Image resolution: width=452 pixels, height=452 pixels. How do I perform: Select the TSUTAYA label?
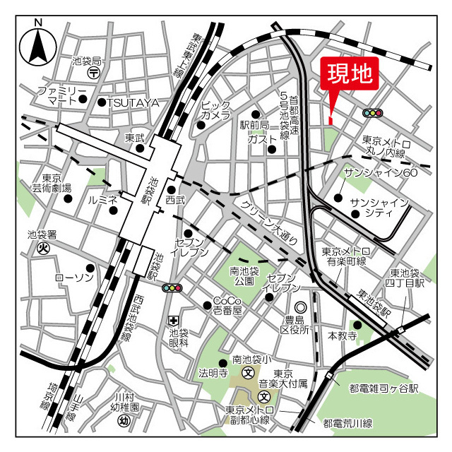click(x=133, y=102)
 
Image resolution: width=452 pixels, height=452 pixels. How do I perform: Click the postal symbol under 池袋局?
click(x=93, y=73)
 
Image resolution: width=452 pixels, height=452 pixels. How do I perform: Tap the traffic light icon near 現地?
click(x=372, y=113)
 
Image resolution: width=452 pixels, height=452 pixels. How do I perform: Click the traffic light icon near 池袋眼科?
click(x=172, y=287)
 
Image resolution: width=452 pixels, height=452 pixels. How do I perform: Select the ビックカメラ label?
click(x=215, y=109)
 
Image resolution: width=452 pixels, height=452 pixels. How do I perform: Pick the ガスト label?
click(x=261, y=139)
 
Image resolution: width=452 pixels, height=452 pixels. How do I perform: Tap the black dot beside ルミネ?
click(x=112, y=210)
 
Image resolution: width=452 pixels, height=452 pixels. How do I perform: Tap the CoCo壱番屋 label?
click(x=227, y=305)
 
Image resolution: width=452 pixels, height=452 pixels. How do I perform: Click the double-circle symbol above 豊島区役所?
click(x=301, y=308)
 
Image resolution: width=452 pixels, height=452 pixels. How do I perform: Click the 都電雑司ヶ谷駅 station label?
click(x=384, y=389)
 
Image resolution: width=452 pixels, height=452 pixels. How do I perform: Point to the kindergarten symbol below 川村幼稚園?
click(x=124, y=421)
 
